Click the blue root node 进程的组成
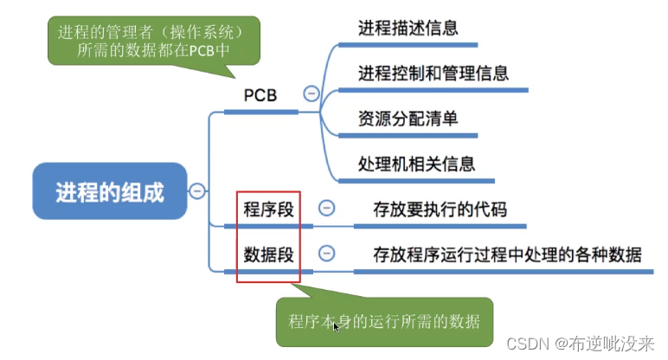pyautogui.click(x=109, y=191)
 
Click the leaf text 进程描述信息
pyautogui.click(x=408, y=28)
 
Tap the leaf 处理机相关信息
pyautogui.click(x=416, y=163)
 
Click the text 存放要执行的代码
pyautogui.click(x=440, y=209)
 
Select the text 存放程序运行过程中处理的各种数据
pyautogui.click(x=507, y=254)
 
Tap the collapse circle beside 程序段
pyautogui.click(x=326, y=208)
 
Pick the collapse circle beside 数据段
pyautogui.click(x=326, y=254)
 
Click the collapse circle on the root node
pyautogui.click(x=197, y=191)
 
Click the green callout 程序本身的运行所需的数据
pyautogui.click(x=384, y=322)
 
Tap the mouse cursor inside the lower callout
pyautogui.click(x=336, y=327)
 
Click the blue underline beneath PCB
pyautogui.click(x=260, y=112)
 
